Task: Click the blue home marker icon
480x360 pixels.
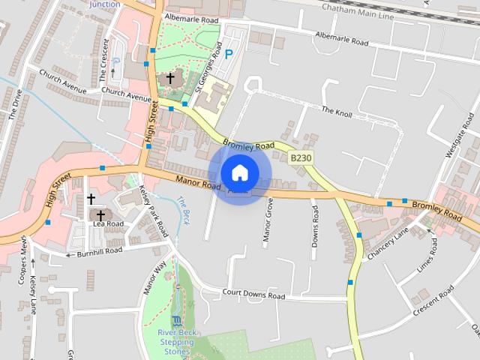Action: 239,172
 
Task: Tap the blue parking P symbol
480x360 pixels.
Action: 229,54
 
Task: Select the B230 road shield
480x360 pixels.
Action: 300,157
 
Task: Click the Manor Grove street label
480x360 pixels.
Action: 268,220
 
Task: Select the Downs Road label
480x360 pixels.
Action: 315,226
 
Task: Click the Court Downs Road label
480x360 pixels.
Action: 253,295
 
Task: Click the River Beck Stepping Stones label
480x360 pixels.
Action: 177,342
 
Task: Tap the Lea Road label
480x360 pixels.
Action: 109,223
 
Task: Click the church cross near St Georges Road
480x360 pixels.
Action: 170,78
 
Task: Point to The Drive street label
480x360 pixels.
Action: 16,104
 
